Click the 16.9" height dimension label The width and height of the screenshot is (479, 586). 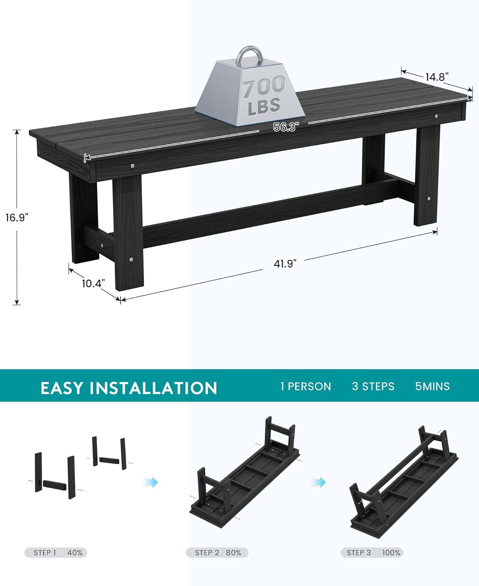point(17,218)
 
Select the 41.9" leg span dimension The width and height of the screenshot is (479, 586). point(285,264)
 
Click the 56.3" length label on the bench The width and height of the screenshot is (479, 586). point(286,127)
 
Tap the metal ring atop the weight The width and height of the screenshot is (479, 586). point(250,57)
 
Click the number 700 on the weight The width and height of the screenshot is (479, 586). point(264,87)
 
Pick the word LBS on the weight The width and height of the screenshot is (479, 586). point(264,106)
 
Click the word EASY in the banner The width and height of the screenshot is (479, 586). point(62,388)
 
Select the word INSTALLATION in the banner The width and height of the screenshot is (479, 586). point(153,388)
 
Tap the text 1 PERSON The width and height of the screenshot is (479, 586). point(305,386)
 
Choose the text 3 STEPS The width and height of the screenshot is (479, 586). point(373,386)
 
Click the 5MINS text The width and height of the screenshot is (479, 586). point(432,386)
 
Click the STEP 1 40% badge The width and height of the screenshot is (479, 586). point(56,553)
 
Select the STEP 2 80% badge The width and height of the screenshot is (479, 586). point(217,553)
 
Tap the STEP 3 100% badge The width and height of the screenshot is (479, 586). point(372,553)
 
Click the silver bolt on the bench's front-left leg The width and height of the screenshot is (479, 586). point(131,260)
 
